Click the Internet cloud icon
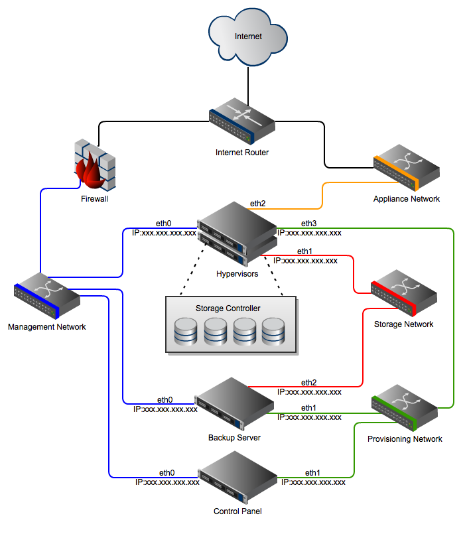click(247, 37)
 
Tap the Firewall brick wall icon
click(94, 167)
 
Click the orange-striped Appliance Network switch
click(406, 170)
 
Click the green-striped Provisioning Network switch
click(404, 407)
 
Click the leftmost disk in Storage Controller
click(186, 332)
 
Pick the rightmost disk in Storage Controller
click(273, 332)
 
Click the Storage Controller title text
click(228, 308)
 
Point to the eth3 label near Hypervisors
click(309, 223)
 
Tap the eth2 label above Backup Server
click(309, 383)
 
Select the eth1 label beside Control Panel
click(312, 473)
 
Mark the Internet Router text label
click(242, 153)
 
